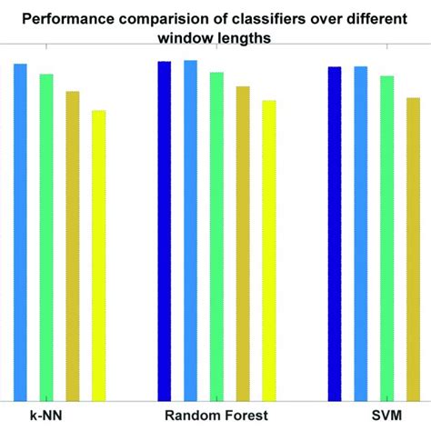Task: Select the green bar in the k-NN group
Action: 46,236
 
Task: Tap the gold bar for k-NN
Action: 73,246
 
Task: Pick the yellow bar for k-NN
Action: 99,255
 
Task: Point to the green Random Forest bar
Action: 216,236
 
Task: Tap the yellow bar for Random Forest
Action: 269,250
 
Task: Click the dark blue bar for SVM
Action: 335,233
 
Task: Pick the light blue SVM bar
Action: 361,233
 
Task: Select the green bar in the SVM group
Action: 387,237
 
